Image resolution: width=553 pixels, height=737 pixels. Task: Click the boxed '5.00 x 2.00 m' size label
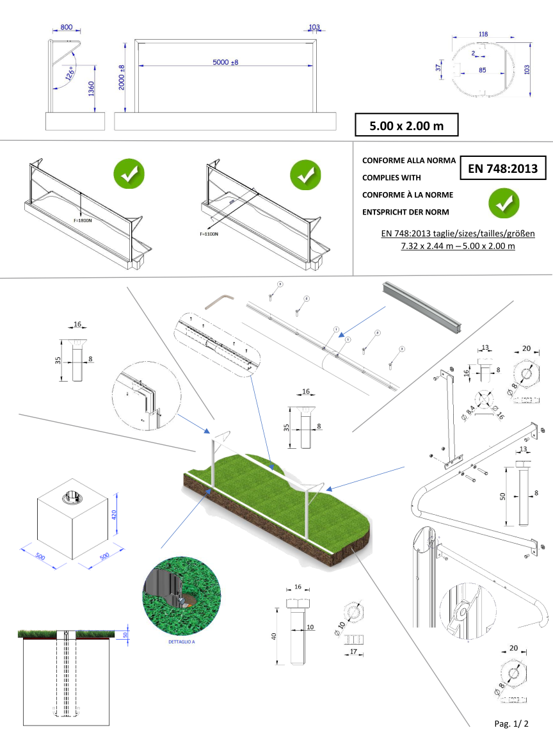click(x=407, y=126)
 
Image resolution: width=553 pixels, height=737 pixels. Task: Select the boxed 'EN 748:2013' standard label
click(x=503, y=169)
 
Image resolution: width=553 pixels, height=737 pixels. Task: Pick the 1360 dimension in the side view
click(x=91, y=88)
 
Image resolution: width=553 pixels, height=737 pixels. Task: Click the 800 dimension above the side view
click(x=66, y=28)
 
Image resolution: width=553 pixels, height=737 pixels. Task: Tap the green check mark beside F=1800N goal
click(x=129, y=174)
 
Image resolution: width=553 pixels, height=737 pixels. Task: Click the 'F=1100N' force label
click(x=209, y=234)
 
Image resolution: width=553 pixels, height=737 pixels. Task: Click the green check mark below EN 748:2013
click(x=504, y=204)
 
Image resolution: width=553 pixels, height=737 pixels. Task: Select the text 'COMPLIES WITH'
click(x=392, y=177)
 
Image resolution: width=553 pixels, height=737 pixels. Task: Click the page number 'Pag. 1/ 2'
click(x=511, y=724)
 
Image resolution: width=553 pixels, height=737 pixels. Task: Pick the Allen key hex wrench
click(x=220, y=301)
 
